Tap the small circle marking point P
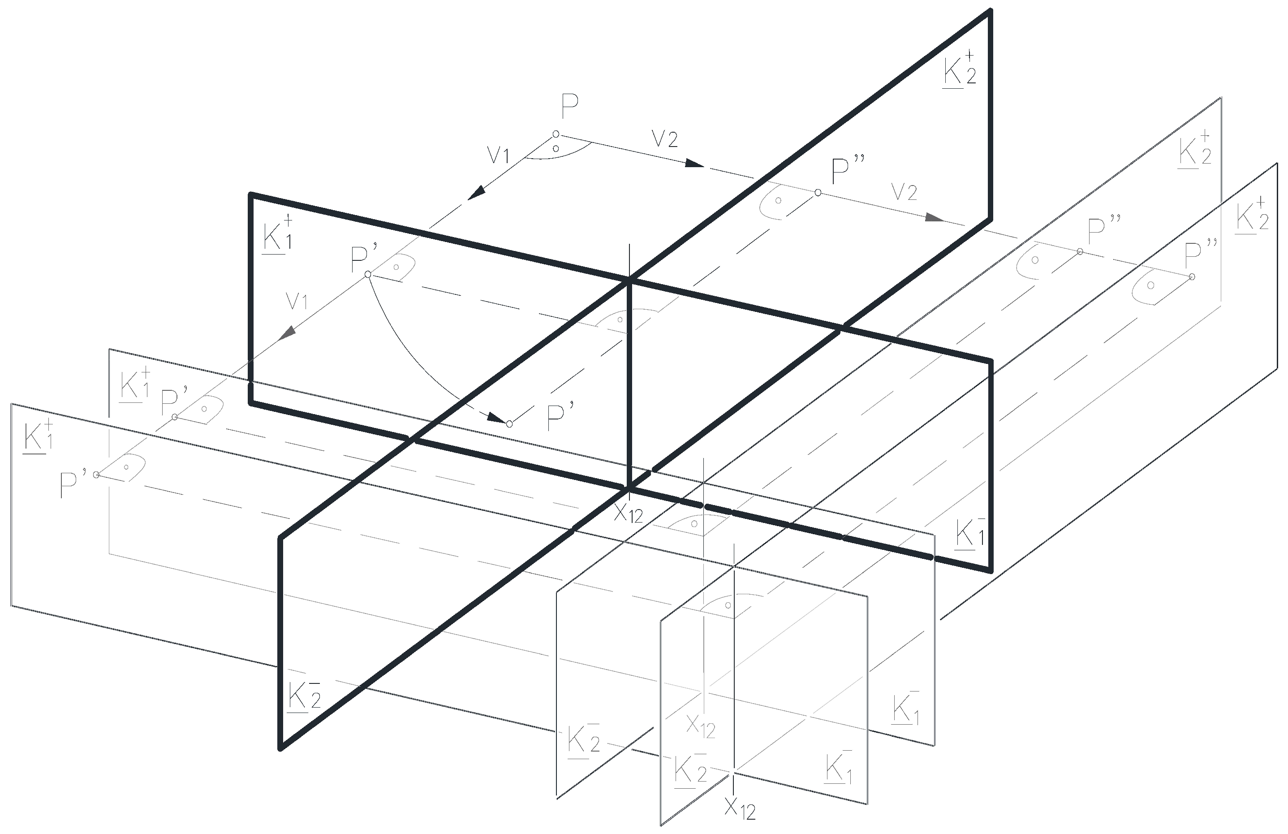(556, 134)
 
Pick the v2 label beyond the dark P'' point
(905, 192)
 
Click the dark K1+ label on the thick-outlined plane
(277, 234)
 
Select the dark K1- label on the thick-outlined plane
(969, 534)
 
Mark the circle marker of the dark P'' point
(818, 193)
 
